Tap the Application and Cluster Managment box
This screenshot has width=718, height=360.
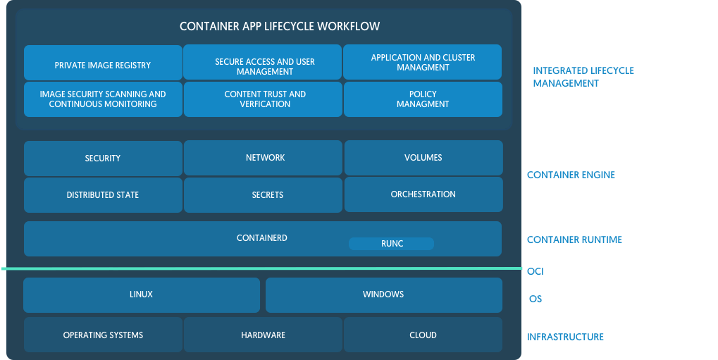423,62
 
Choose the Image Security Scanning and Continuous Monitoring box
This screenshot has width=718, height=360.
103,99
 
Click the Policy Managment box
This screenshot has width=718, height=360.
423,99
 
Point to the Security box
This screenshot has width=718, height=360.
103,159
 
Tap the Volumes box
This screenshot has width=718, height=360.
423,158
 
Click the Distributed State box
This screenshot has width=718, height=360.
103,195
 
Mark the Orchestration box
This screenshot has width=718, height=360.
423,194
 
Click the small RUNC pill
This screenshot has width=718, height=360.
391,244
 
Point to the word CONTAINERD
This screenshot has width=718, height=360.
262,238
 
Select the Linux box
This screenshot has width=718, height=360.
141,294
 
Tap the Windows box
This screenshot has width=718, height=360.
383,294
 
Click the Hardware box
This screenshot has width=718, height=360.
264,335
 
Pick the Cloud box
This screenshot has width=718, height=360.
423,335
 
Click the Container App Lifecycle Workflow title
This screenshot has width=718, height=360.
280,27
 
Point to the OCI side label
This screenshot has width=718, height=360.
536,271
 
